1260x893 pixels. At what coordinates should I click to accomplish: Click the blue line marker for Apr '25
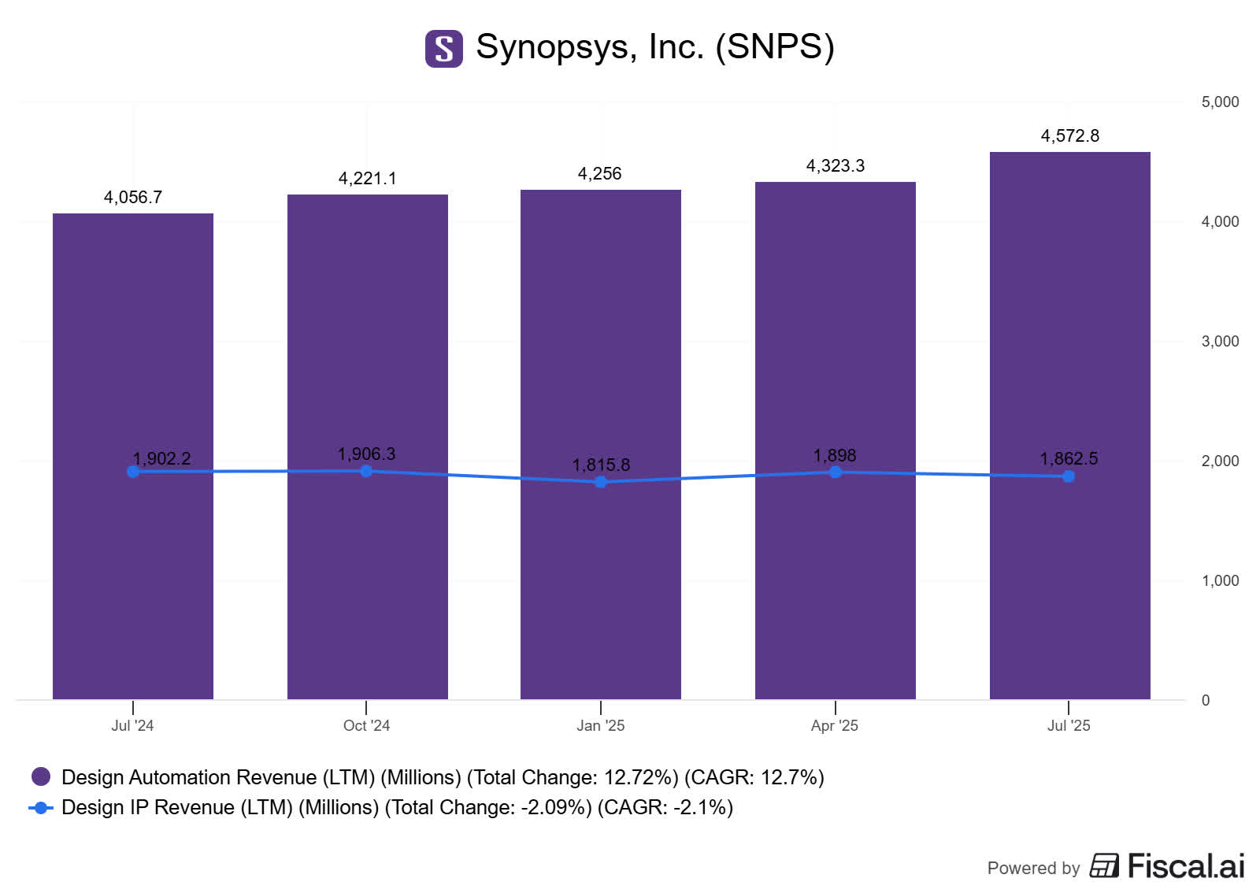836,472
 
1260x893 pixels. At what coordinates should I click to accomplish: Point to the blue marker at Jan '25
601,482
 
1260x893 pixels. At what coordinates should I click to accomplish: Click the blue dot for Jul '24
133,471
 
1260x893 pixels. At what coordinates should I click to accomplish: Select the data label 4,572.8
1069,135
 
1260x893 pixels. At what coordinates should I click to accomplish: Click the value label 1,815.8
601,465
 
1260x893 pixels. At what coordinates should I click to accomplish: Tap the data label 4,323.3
835,165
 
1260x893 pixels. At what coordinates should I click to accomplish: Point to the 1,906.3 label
366,454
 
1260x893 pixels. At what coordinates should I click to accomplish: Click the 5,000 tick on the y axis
1219,102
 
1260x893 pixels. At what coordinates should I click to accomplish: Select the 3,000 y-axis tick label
1219,341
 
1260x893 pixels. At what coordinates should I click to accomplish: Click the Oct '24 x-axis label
366,725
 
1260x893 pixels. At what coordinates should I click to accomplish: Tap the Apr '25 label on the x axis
834,725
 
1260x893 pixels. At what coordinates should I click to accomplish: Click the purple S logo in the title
444,48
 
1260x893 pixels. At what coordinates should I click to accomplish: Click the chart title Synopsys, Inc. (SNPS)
654,46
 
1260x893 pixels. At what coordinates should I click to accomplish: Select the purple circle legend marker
41,776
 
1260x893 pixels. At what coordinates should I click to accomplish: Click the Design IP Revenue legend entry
397,807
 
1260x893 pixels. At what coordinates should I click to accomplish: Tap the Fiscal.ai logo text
1185,865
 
